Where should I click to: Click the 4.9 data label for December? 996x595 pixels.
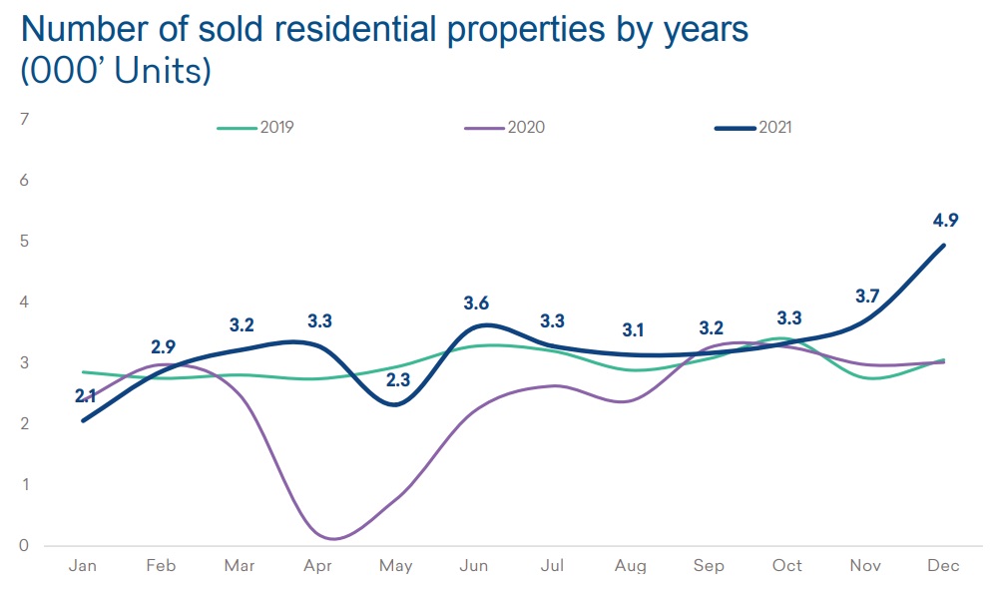(944, 220)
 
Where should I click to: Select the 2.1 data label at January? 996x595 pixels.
(85, 396)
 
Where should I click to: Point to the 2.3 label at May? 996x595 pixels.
(397, 379)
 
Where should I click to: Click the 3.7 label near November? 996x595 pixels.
(868, 296)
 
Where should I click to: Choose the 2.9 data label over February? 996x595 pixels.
(163, 346)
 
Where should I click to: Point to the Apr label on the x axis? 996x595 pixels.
(318, 566)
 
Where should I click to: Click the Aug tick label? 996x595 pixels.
(631, 566)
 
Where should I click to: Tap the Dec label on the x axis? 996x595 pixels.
(943, 566)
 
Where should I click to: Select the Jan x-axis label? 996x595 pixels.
(83, 566)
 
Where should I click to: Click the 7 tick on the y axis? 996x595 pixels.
(24, 120)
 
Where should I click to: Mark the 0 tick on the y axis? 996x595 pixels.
(24, 546)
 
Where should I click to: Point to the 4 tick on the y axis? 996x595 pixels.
(24, 302)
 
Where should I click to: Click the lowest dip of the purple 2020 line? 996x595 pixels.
(331, 539)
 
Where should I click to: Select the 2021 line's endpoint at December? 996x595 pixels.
(944, 246)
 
